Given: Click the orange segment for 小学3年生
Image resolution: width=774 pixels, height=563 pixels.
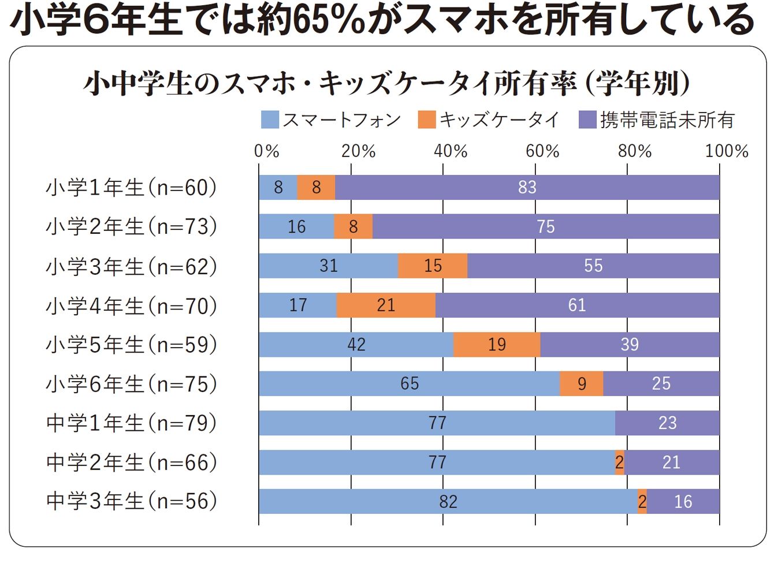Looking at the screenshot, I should coord(433,266).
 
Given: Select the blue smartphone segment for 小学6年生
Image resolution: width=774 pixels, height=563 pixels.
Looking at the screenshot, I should coord(409,383).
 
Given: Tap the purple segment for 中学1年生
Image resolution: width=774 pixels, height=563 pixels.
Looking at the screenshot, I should coord(667,423).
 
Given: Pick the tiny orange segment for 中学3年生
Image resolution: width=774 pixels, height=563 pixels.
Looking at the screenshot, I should coord(642,501).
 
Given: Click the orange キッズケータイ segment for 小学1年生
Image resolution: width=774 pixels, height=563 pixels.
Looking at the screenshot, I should coord(316,187).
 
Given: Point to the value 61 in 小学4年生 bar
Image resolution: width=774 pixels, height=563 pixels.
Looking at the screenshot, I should coord(577,305).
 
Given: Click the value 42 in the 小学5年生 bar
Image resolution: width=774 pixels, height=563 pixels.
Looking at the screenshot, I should coord(356,344).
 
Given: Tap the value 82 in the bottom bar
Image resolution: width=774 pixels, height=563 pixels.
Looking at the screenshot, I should coord(448,501).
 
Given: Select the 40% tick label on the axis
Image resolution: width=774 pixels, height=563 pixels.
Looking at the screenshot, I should coord(451,151).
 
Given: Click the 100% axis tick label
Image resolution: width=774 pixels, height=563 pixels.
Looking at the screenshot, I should coord(726,151).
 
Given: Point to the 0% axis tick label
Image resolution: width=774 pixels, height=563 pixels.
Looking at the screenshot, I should coord(266,151).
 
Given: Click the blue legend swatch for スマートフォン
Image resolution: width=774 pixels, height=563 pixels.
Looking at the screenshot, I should coord(270,120).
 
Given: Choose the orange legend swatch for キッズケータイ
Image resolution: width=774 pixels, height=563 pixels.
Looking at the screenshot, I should coord(427,120).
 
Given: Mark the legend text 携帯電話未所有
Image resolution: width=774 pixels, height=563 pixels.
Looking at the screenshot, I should coord(667,120).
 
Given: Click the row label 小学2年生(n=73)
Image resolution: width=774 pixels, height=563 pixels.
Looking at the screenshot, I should coord(132,226).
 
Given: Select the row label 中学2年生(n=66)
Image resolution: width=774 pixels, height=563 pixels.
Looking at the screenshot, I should coord(132,462).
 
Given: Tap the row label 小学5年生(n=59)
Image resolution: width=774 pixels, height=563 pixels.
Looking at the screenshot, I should coord(132,344).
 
